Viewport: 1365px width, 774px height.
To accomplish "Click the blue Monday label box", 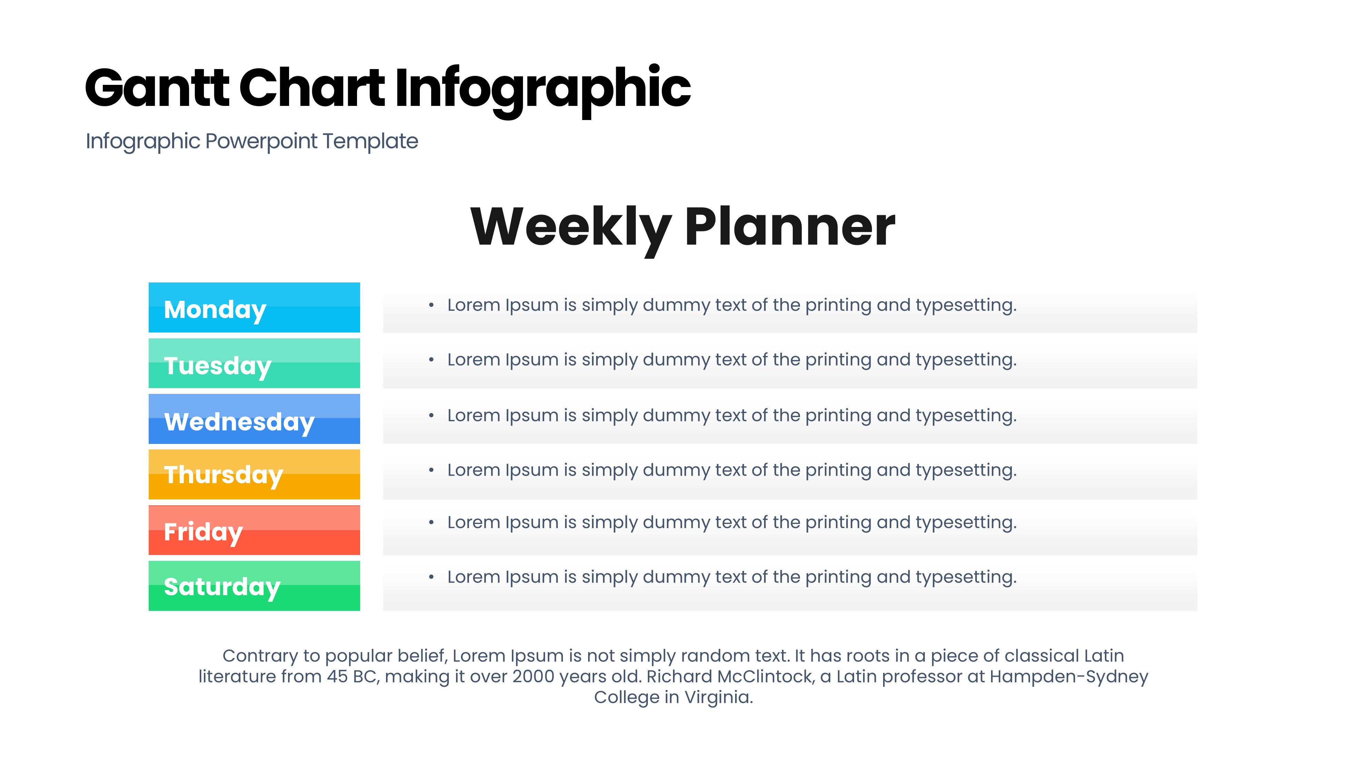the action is [x=254, y=307].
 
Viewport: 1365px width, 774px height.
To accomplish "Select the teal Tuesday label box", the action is [x=254, y=363].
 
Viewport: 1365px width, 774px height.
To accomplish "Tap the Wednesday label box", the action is [x=254, y=419].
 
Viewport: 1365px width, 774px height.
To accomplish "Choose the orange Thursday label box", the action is [x=254, y=474].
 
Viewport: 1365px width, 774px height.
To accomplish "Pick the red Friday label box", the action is [x=254, y=530].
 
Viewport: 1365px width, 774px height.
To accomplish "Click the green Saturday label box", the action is [x=254, y=586].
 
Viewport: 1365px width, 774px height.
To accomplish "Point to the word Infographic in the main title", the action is [x=543, y=90].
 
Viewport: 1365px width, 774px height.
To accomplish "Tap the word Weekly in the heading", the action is [x=571, y=229].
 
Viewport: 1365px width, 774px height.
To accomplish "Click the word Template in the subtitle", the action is [x=370, y=141].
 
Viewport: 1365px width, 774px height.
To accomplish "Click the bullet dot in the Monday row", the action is [x=431, y=305].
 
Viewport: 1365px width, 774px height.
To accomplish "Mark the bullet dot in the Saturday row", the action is [x=431, y=577].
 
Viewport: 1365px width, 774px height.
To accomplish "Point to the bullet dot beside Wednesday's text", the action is [x=431, y=415].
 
